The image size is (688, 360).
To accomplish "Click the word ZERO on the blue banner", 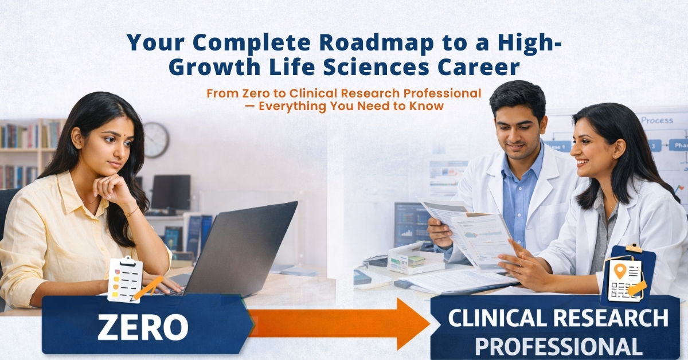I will (143, 327).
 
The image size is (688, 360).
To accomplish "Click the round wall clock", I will (156, 140).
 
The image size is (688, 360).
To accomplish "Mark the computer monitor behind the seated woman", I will (170, 192).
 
